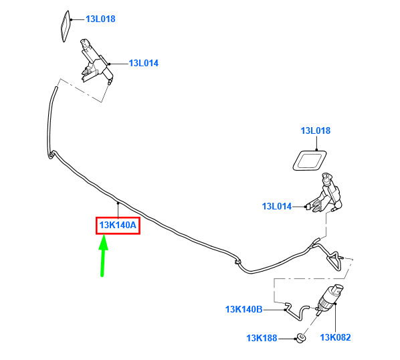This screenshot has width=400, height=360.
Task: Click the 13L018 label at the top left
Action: (x=100, y=19)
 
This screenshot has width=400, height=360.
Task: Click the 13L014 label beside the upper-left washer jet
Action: (x=144, y=64)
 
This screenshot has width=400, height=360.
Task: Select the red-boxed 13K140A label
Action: (x=118, y=226)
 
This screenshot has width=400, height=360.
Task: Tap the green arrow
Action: (x=103, y=255)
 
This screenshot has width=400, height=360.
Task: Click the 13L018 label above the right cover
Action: (x=316, y=130)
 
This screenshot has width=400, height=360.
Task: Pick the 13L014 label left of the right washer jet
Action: (x=277, y=206)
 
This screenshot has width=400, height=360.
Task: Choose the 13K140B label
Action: (x=244, y=310)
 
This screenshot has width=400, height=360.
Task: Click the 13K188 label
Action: (x=262, y=339)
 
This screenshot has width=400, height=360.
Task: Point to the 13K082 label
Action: (x=336, y=337)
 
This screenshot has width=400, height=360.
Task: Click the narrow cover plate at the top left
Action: (x=66, y=26)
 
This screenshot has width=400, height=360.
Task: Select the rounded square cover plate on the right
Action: (x=310, y=161)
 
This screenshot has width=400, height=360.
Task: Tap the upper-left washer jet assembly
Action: (x=96, y=62)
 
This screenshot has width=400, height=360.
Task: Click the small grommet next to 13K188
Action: (x=300, y=338)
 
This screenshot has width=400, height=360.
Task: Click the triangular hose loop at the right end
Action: (x=334, y=260)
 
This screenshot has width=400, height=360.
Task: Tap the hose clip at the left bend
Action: (x=52, y=155)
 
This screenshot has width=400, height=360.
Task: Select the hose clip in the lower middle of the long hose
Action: (x=237, y=262)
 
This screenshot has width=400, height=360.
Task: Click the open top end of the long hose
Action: (x=56, y=88)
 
